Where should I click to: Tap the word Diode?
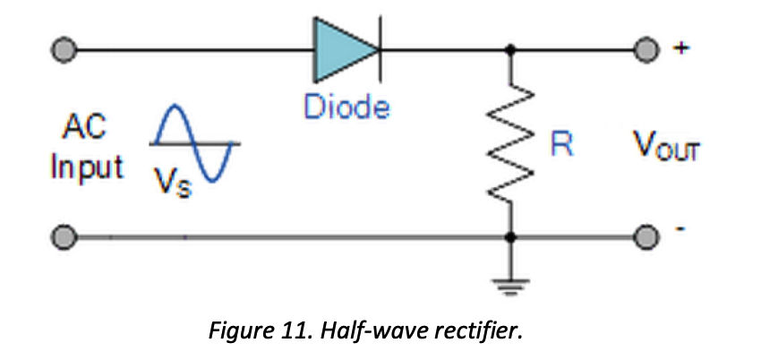coord(346,107)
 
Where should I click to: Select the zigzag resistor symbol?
coord(512,143)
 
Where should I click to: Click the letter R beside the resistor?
coord(561,146)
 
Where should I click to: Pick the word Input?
coord(88,168)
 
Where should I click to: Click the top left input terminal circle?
coord(63,49)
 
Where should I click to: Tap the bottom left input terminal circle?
coord(63,238)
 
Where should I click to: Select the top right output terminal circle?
coord(644,49)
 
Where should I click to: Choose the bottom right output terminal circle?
coord(644,238)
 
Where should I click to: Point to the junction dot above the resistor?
coord(512,49)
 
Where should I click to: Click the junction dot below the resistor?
coord(512,238)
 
